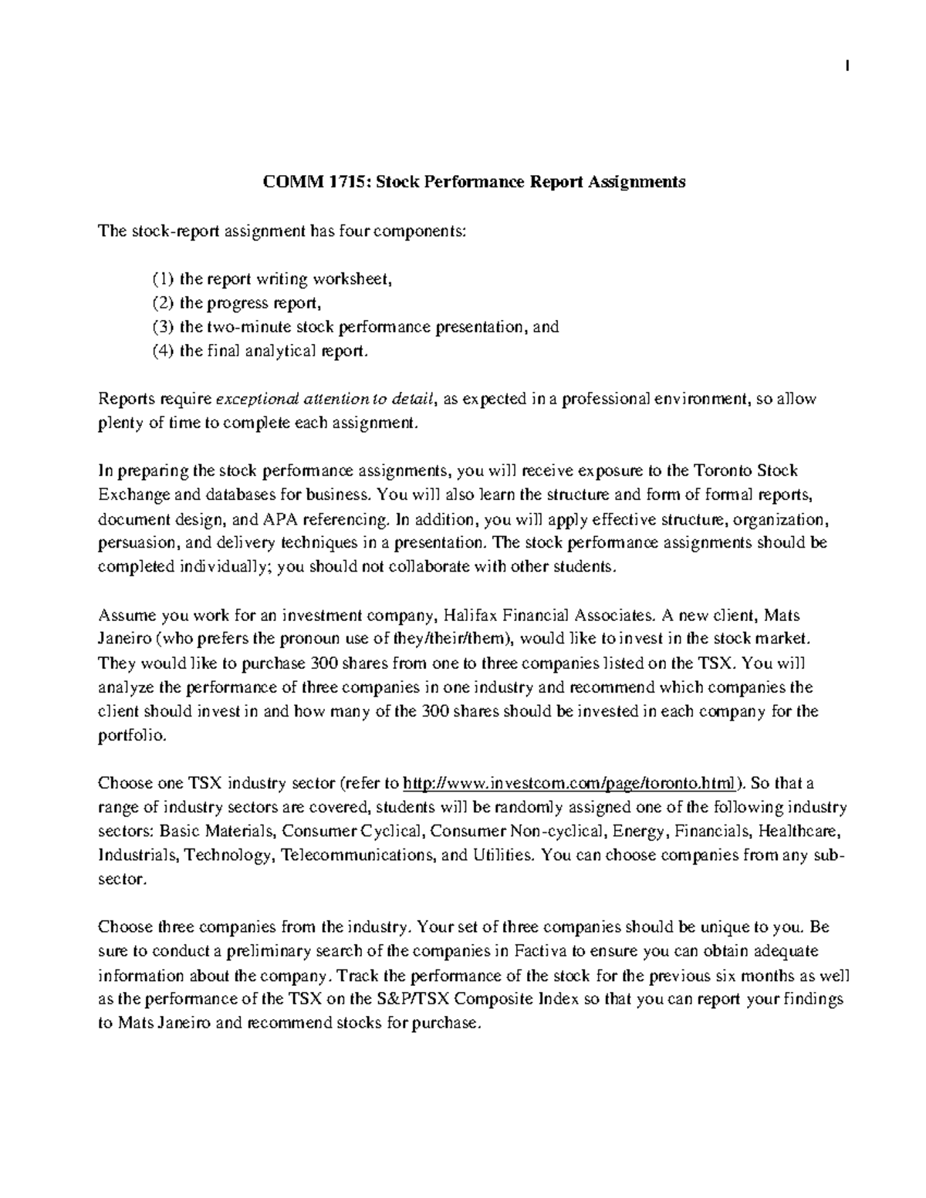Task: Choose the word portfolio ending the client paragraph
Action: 130,736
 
